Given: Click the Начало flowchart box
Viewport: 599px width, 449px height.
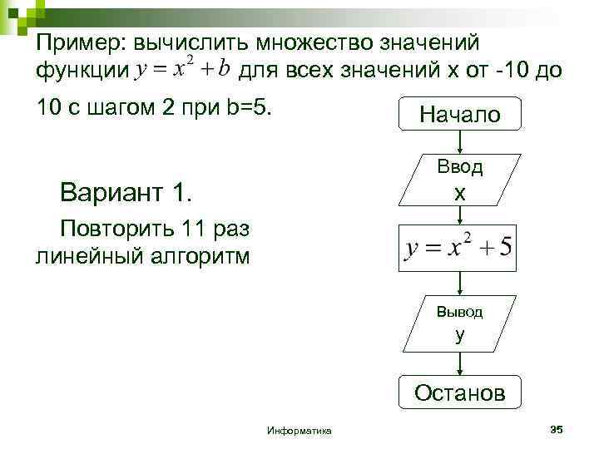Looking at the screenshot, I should tap(460, 114).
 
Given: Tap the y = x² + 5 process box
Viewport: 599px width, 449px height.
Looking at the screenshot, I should tap(458, 249).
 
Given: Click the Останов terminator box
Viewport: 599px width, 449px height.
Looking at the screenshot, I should tap(459, 392).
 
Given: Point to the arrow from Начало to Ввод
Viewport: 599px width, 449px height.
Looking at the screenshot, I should tap(460, 141).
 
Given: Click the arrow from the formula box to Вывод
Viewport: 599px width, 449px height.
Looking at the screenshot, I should tap(460, 284).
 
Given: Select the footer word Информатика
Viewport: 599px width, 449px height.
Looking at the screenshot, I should tap(299, 431).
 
